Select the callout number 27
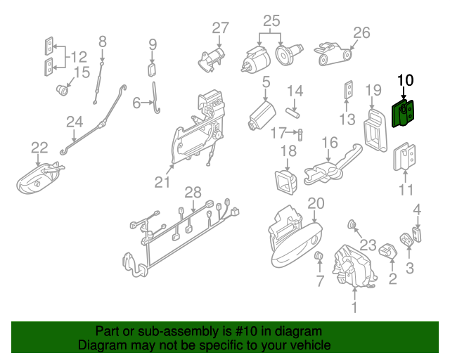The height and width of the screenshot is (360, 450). click(221, 28)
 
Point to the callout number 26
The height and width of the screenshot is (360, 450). click(361, 32)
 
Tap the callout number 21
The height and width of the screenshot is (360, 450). click(163, 183)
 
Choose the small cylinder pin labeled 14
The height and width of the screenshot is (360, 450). click(293, 110)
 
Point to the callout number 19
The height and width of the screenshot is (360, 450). click(373, 90)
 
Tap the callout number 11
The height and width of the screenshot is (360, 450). click(406, 190)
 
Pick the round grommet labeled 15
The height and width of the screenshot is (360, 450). click(64, 90)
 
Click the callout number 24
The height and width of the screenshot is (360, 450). click(75, 122)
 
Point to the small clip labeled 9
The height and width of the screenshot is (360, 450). click(152, 69)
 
